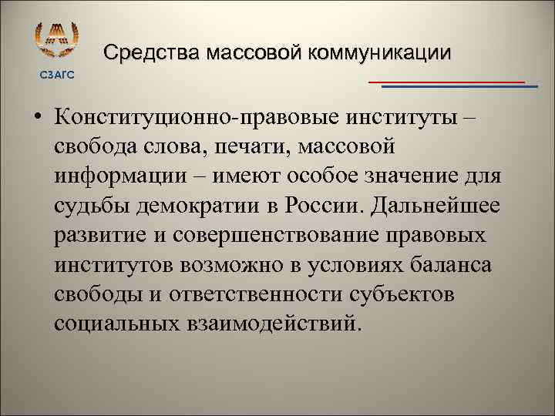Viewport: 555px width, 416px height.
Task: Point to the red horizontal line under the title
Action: pos(446,80)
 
